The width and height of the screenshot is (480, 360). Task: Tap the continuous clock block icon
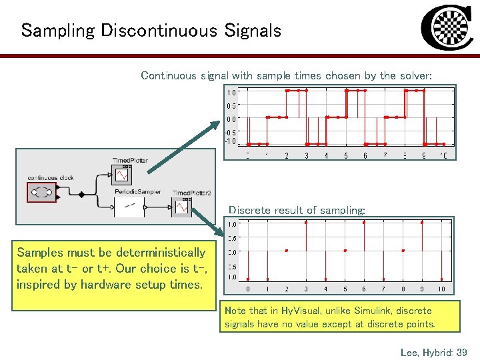(x=42, y=193)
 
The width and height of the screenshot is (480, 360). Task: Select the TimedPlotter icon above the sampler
(x=121, y=175)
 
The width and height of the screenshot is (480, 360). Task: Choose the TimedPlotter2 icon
(x=182, y=207)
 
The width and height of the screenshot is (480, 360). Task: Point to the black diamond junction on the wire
(x=81, y=195)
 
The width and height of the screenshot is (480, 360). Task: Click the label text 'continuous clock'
(x=51, y=178)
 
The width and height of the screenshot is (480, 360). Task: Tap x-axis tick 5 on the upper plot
(x=345, y=156)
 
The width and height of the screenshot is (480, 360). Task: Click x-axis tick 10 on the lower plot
(x=441, y=289)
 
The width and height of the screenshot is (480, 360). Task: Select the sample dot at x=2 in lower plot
(x=287, y=251)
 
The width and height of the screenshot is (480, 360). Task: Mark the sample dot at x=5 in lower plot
(x=345, y=251)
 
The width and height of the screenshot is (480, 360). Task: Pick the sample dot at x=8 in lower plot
(x=403, y=251)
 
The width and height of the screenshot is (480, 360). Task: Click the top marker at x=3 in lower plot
(x=306, y=223)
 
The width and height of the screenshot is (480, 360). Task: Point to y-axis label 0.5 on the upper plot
(x=231, y=106)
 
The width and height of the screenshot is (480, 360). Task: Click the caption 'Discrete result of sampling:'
(x=297, y=210)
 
